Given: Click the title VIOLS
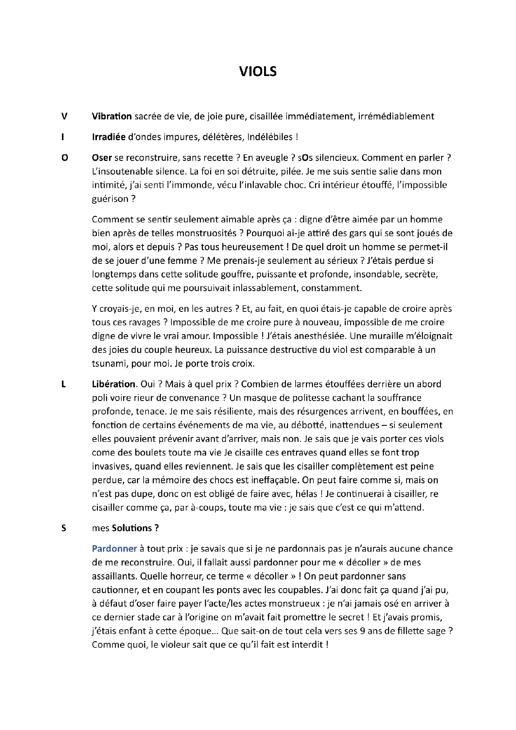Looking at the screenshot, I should pyautogui.click(x=258, y=71).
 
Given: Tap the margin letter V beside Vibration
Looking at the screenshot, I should pyautogui.click(x=64, y=116).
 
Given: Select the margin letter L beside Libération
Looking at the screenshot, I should pyautogui.click(x=63, y=384).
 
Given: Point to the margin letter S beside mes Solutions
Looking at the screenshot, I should pyautogui.click(x=63, y=528).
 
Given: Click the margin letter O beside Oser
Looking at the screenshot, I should pyautogui.click(x=65, y=158).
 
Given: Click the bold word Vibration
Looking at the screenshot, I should pyautogui.click(x=112, y=116).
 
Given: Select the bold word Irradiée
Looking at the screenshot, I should pyautogui.click(x=109, y=137).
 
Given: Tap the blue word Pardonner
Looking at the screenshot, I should pyautogui.click(x=114, y=549).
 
